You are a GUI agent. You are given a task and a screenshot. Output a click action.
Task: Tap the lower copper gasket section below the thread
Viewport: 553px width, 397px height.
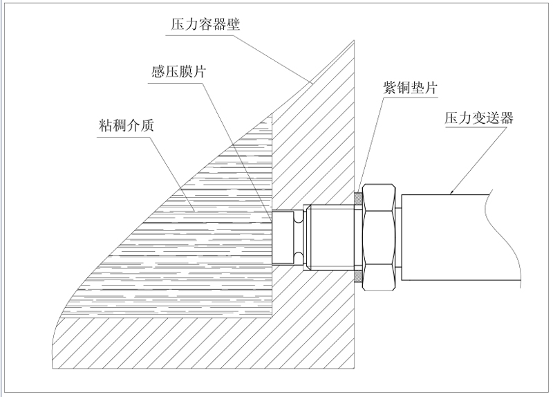click(x=358, y=277)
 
